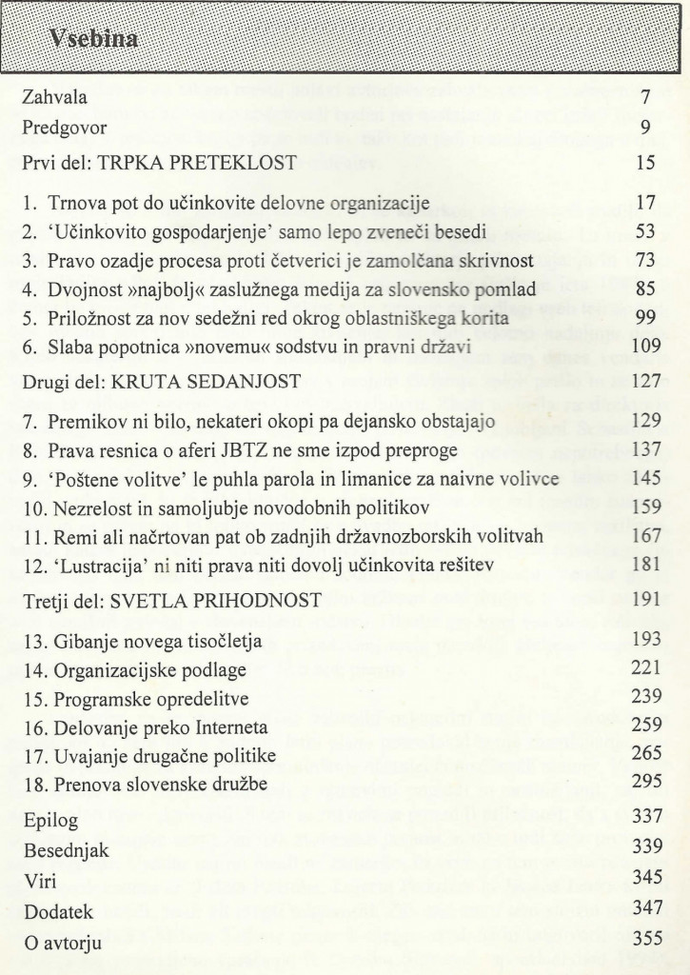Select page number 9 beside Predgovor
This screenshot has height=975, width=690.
click(x=645, y=127)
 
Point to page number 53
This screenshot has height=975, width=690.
click(x=644, y=231)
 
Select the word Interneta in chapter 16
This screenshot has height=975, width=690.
click(x=231, y=728)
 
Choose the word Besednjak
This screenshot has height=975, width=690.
click(x=63, y=852)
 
